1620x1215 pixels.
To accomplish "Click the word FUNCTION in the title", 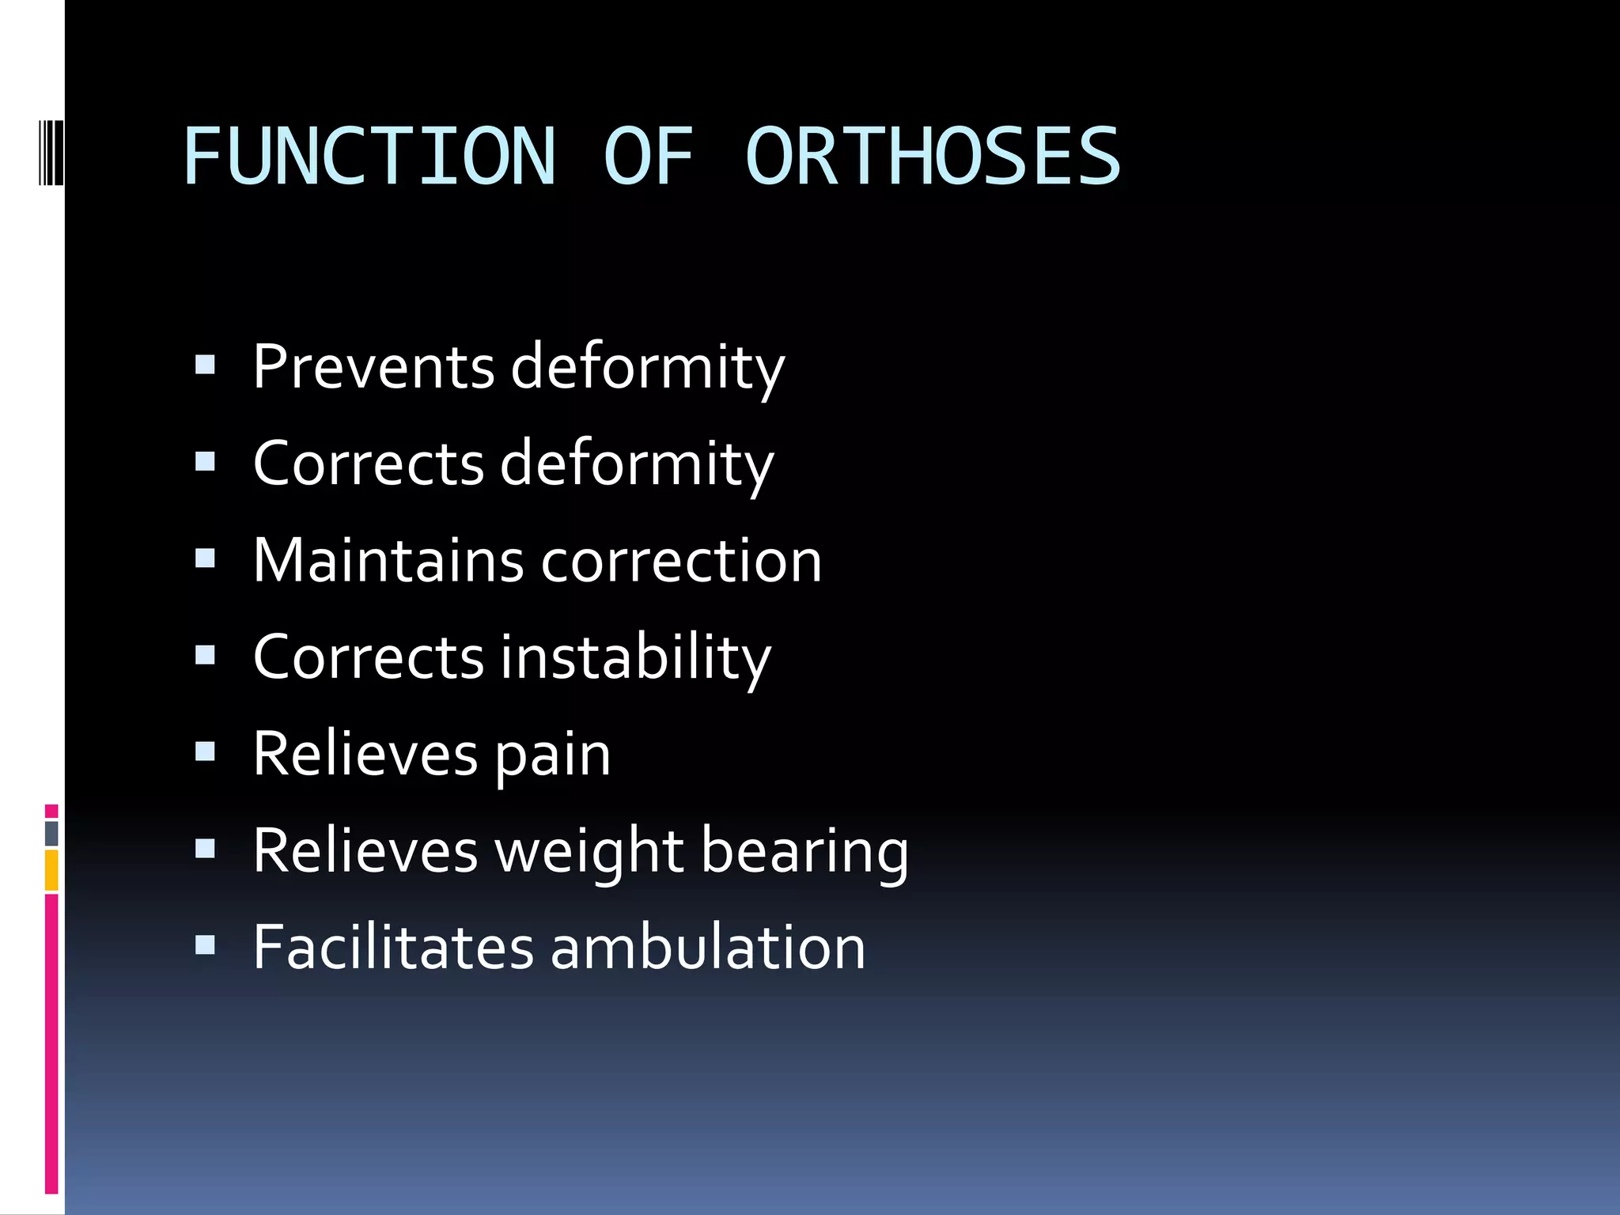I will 369,157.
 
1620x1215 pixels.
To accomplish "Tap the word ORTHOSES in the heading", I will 933,157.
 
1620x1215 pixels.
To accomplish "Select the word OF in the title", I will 648,157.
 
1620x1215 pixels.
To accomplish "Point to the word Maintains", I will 388,560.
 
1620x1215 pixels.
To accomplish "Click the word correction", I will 682,560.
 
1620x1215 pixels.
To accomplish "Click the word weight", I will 589,853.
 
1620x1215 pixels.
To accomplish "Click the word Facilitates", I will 394,947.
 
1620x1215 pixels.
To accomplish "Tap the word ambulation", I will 708,947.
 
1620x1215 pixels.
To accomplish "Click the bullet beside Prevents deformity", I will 205,364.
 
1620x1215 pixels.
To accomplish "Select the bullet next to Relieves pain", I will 205,751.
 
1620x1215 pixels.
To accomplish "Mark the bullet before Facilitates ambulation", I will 205,944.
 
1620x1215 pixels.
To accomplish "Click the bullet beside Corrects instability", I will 205,654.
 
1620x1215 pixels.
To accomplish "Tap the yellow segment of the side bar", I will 51,870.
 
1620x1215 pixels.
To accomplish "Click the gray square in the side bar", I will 51,833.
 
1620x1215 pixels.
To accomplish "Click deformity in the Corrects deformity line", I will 638,464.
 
